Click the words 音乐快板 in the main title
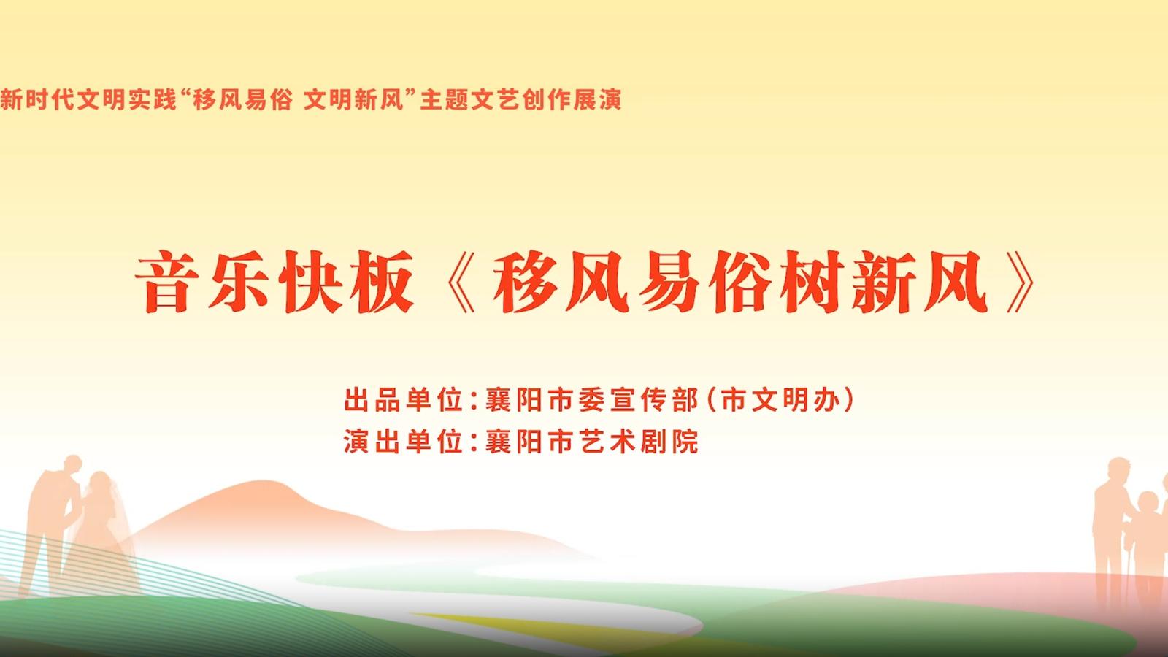[x=274, y=282]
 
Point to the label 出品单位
[x=404, y=400]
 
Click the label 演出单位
[x=404, y=441]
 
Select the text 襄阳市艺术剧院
[x=591, y=441]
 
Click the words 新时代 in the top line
[x=36, y=99]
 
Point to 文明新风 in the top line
[x=353, y=99]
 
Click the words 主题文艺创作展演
[x=521, y=99]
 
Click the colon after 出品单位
[x=474, y=401]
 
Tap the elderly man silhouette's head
[x=1118, y=470]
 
